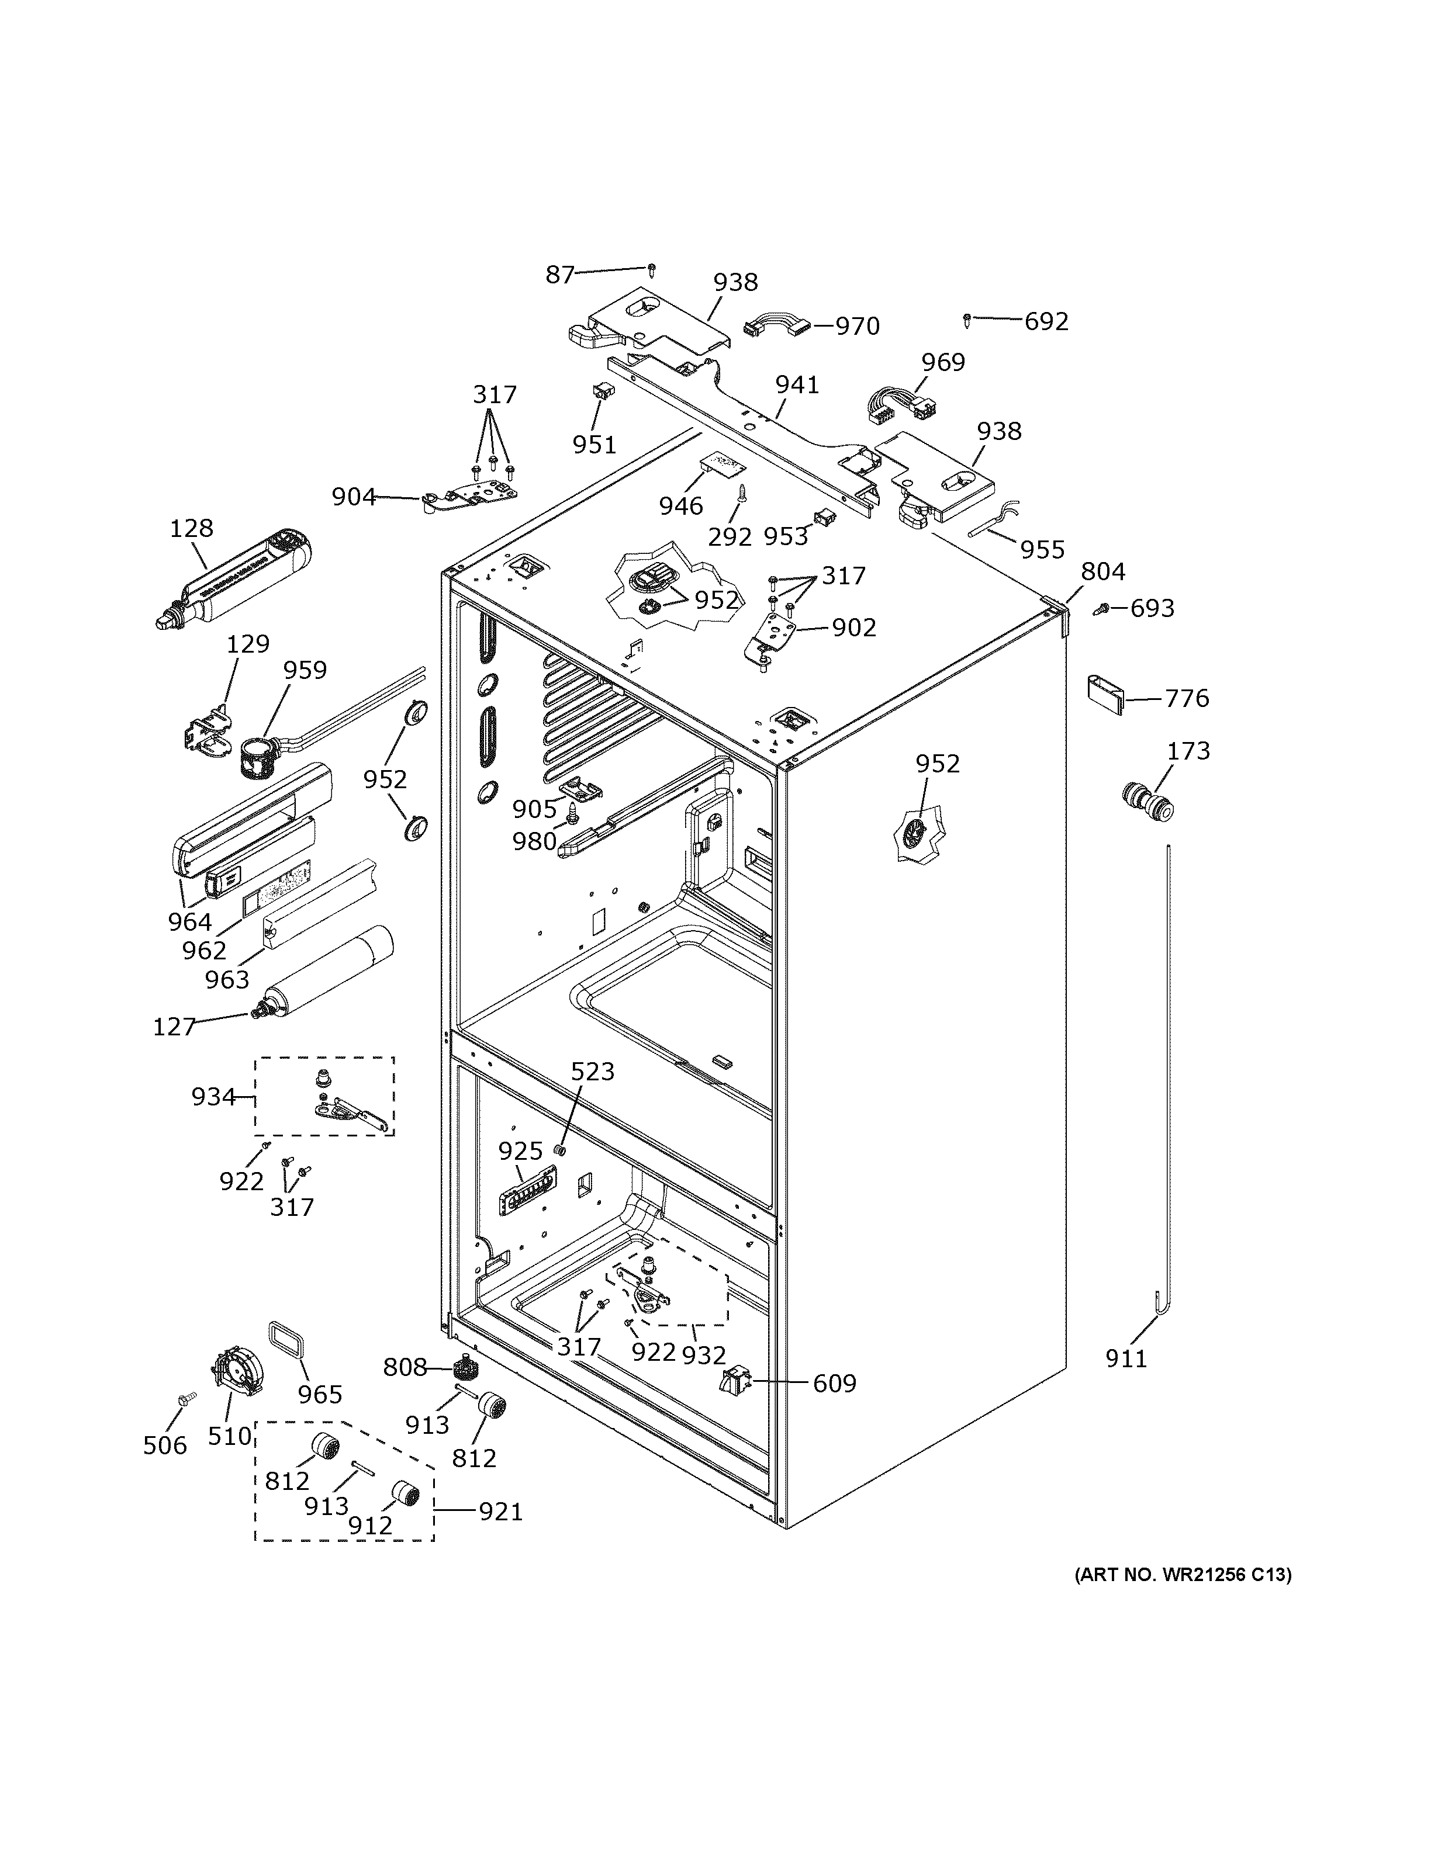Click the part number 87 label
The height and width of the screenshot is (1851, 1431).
(559, 275)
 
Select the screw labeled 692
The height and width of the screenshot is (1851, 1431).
(967, 320)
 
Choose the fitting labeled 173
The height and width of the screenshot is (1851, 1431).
(1148, 803)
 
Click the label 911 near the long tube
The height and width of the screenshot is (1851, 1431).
(1126, 1358)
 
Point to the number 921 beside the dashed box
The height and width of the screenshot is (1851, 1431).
(500, 1511)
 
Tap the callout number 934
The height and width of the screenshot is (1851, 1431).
(213, 1097)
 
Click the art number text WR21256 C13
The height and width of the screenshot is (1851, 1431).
(1183, 1575)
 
